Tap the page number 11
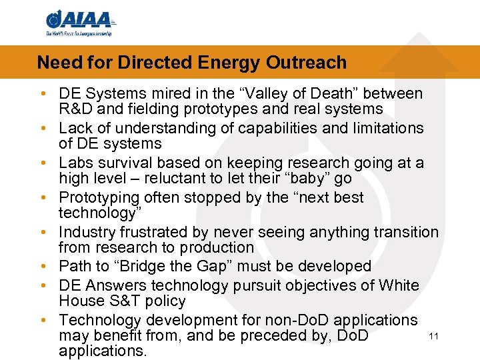coord(433,336)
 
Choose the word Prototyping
coord(99,197)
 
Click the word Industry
coord(85,232)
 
